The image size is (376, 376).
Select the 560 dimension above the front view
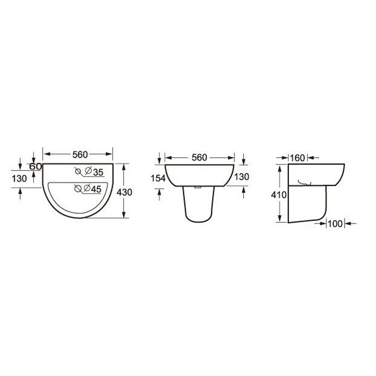(199, 158)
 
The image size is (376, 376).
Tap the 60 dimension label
(36, 167)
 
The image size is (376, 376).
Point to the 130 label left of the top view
(19, 179)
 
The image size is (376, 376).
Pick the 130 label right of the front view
(241, 177)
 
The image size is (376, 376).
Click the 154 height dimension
(158, 178)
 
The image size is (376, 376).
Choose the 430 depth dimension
(124, 192)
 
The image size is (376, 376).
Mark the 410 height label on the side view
(279, 195)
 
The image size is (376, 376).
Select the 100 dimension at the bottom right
(335, 224)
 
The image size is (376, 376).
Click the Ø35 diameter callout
(94, 172)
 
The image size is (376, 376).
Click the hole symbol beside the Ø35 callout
(78, 171)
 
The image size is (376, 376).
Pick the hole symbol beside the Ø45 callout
(78, 189)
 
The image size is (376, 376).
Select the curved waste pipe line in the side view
(305, 183)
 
